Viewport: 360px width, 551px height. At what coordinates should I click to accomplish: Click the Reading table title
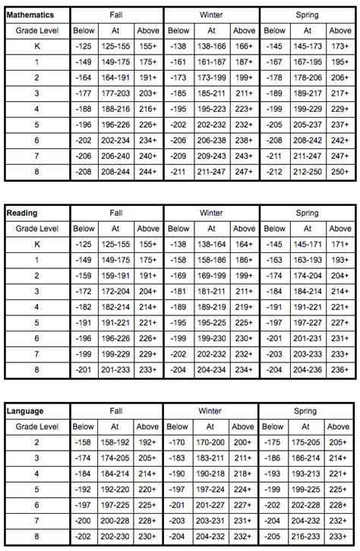(23, 213)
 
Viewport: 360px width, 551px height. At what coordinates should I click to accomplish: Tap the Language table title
(27, 411)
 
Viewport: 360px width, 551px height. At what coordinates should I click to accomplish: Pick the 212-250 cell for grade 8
(307, 173)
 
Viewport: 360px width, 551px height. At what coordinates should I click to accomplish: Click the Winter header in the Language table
(211, 411)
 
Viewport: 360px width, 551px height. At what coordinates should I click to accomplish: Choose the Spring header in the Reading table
(306, 213)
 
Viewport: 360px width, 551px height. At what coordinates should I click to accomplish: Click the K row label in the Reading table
(36, 244)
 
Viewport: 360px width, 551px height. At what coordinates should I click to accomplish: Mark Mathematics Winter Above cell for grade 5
(244, 125)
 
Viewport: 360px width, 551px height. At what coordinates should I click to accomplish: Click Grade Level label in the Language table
(36, 426)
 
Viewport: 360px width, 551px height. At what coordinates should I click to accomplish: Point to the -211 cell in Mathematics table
(178, 173)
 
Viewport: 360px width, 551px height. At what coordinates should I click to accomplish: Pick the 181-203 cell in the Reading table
(211, 292)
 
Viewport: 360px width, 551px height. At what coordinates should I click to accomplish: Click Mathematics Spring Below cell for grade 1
(275, 62)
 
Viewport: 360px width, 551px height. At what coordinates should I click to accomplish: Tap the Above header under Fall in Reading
(148, 228)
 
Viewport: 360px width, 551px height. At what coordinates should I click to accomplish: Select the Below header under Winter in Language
(178, 426)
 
